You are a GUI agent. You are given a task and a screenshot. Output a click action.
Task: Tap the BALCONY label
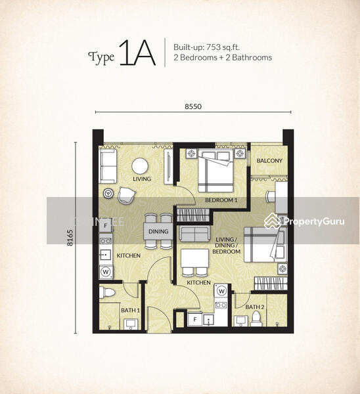[269, 161]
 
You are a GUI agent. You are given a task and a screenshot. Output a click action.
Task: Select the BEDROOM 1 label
[221, 199]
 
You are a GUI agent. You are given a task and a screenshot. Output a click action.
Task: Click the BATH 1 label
[129, 309]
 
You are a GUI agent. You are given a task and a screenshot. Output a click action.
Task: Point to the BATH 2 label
[255, 307]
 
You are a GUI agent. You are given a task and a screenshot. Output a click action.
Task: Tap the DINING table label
[158, 232]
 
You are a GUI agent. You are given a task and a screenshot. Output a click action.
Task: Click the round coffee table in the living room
[139, 167]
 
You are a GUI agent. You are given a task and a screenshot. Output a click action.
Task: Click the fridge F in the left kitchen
[105, 226]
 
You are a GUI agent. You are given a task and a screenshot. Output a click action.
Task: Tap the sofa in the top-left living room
[108, 166]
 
